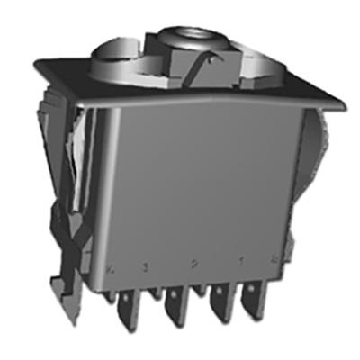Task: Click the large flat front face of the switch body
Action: click(x=198, y=189)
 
